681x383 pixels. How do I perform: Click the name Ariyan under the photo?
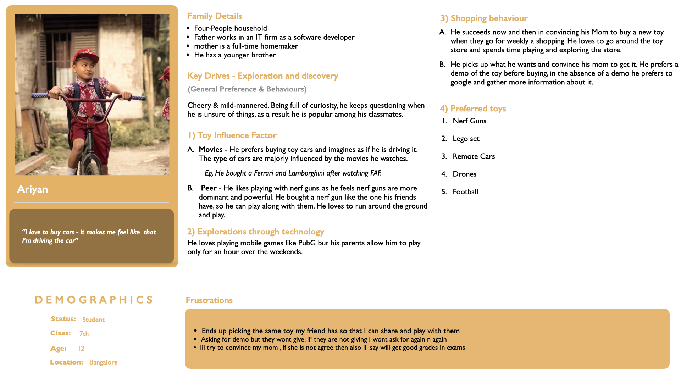pos(33,189)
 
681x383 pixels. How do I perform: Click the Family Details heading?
pos(215,16)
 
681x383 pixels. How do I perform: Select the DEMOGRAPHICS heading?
pos(94,300)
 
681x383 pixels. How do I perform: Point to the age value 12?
pos(81,348)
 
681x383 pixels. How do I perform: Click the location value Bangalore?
pos(103,362)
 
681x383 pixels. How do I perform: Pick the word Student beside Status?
pos(93,320)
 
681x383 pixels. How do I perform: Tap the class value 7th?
pos(84,334)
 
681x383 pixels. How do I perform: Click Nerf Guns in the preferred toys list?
pos(469,121)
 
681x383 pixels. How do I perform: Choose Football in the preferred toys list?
pos(465,192)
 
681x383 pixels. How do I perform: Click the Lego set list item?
pos(466,139)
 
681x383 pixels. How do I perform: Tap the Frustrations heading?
pos(209,300)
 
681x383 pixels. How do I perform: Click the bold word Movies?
pos(211,150)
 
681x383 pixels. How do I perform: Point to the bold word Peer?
pos(209,188)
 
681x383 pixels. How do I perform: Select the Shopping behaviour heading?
pos(484,18)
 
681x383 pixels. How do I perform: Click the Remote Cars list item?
pos(474,156)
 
